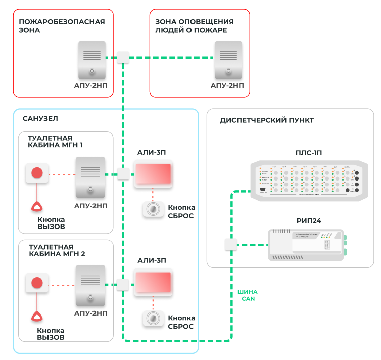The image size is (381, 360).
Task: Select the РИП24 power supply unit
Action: [x=307, y=245]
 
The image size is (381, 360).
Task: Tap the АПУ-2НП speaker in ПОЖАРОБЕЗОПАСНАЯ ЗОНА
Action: [x=92, y=59]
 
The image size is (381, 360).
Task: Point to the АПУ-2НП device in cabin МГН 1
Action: [x=90, y=177]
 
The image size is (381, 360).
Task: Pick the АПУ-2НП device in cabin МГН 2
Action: [x=90, y=285]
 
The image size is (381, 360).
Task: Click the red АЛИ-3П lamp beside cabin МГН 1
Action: [x=153, y=174]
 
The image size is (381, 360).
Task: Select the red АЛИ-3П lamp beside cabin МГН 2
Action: [x=153, y=282]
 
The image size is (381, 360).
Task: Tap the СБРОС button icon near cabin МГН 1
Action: [x=152, y=209]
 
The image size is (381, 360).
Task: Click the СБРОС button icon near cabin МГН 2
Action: [x=152, y=317]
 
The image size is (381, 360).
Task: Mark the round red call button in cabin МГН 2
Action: [x=37, y=282]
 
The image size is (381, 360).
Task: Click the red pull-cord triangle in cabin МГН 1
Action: [x=37, y=206]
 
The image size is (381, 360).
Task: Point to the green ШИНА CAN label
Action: [x=247, y=295]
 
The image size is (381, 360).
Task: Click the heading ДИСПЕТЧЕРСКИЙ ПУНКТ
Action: [x=267, y=120]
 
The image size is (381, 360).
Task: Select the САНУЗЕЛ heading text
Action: [x=40, y=119]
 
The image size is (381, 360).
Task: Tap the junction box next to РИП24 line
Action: [x=230, y=245]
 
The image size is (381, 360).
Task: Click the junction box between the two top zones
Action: [x=123, y=57]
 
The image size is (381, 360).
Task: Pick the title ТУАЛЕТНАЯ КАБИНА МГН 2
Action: [x=57, y=250]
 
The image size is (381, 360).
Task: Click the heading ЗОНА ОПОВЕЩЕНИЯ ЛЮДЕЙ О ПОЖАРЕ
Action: [x=195, y=26]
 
